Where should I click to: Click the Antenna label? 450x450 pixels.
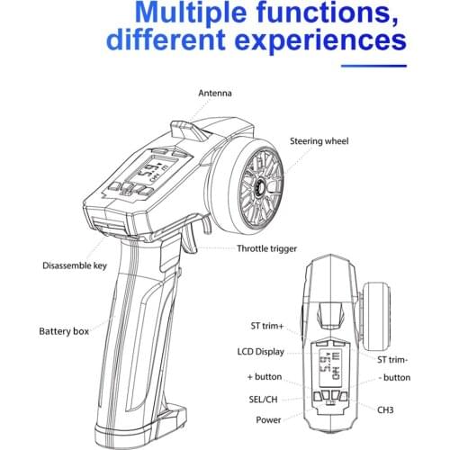pyautogui.click(x=215, y=93)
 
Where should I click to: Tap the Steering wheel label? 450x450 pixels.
pyautogui.click(x=319, y=141)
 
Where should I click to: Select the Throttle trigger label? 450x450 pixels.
pyautogui.click(x=266, y=248)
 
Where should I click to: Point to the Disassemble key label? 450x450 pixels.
pyautogui.click(x=75, y=265)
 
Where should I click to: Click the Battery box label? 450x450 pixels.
pyautogui.click(x=64, y=331)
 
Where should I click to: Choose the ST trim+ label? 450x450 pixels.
pyautogui.click(x=267, y=326)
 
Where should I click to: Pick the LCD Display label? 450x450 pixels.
pyautogui.click(x=261, y=352)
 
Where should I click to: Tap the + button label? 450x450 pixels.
pyautogui.click(x=265, y=377)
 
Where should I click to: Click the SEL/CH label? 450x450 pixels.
pyautogui.click(x=263, y=400)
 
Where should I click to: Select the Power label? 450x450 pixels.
pyautogui.click(x=268, y=420)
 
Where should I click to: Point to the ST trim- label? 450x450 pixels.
pyautogui.click(x=392, y=360)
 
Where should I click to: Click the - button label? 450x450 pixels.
pyautogui.click(x=394, y=377)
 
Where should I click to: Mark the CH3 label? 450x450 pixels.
pyautogui.click(x=385, y=409)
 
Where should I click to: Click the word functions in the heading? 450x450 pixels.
pyautogui.click(x=328, y=13)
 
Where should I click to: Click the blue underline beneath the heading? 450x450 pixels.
pyautogui.click(x=373, y=66)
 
